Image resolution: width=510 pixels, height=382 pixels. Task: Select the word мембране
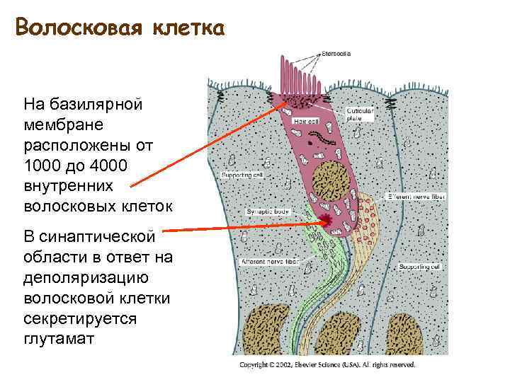click(x=63, y=125)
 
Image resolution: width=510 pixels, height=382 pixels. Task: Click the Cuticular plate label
click(x=361, y=115)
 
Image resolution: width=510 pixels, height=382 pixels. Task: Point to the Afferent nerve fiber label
click(x=269, y=261)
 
